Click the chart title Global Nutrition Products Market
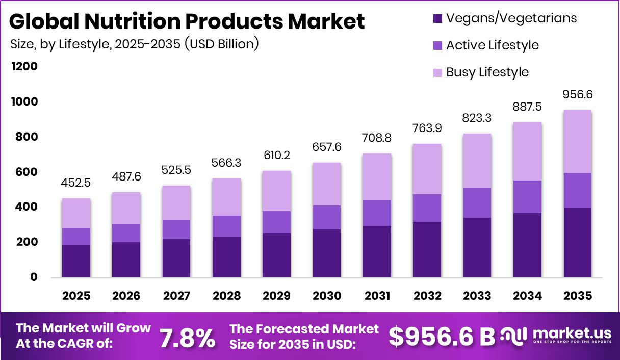[x=187, y=21]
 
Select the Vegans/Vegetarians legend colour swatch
[x=437, y=18]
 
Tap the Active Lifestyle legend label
[x=492, y=45]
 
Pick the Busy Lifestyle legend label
[x=487, y=72]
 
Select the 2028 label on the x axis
[x=226, y=296]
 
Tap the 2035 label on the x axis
[x=578, y=296]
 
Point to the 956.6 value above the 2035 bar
[x=578, y=95]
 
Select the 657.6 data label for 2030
[x=327, y=147]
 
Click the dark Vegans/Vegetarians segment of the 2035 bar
[x=578, y=242]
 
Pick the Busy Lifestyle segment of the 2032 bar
[x=427, y=169]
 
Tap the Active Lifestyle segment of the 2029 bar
[x=276, y=222]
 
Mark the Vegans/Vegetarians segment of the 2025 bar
[x=76, y=261]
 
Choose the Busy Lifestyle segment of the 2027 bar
[x=176, y=203]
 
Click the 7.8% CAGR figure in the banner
[x=188, y=338]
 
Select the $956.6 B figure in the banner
[x=442, y=337]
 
